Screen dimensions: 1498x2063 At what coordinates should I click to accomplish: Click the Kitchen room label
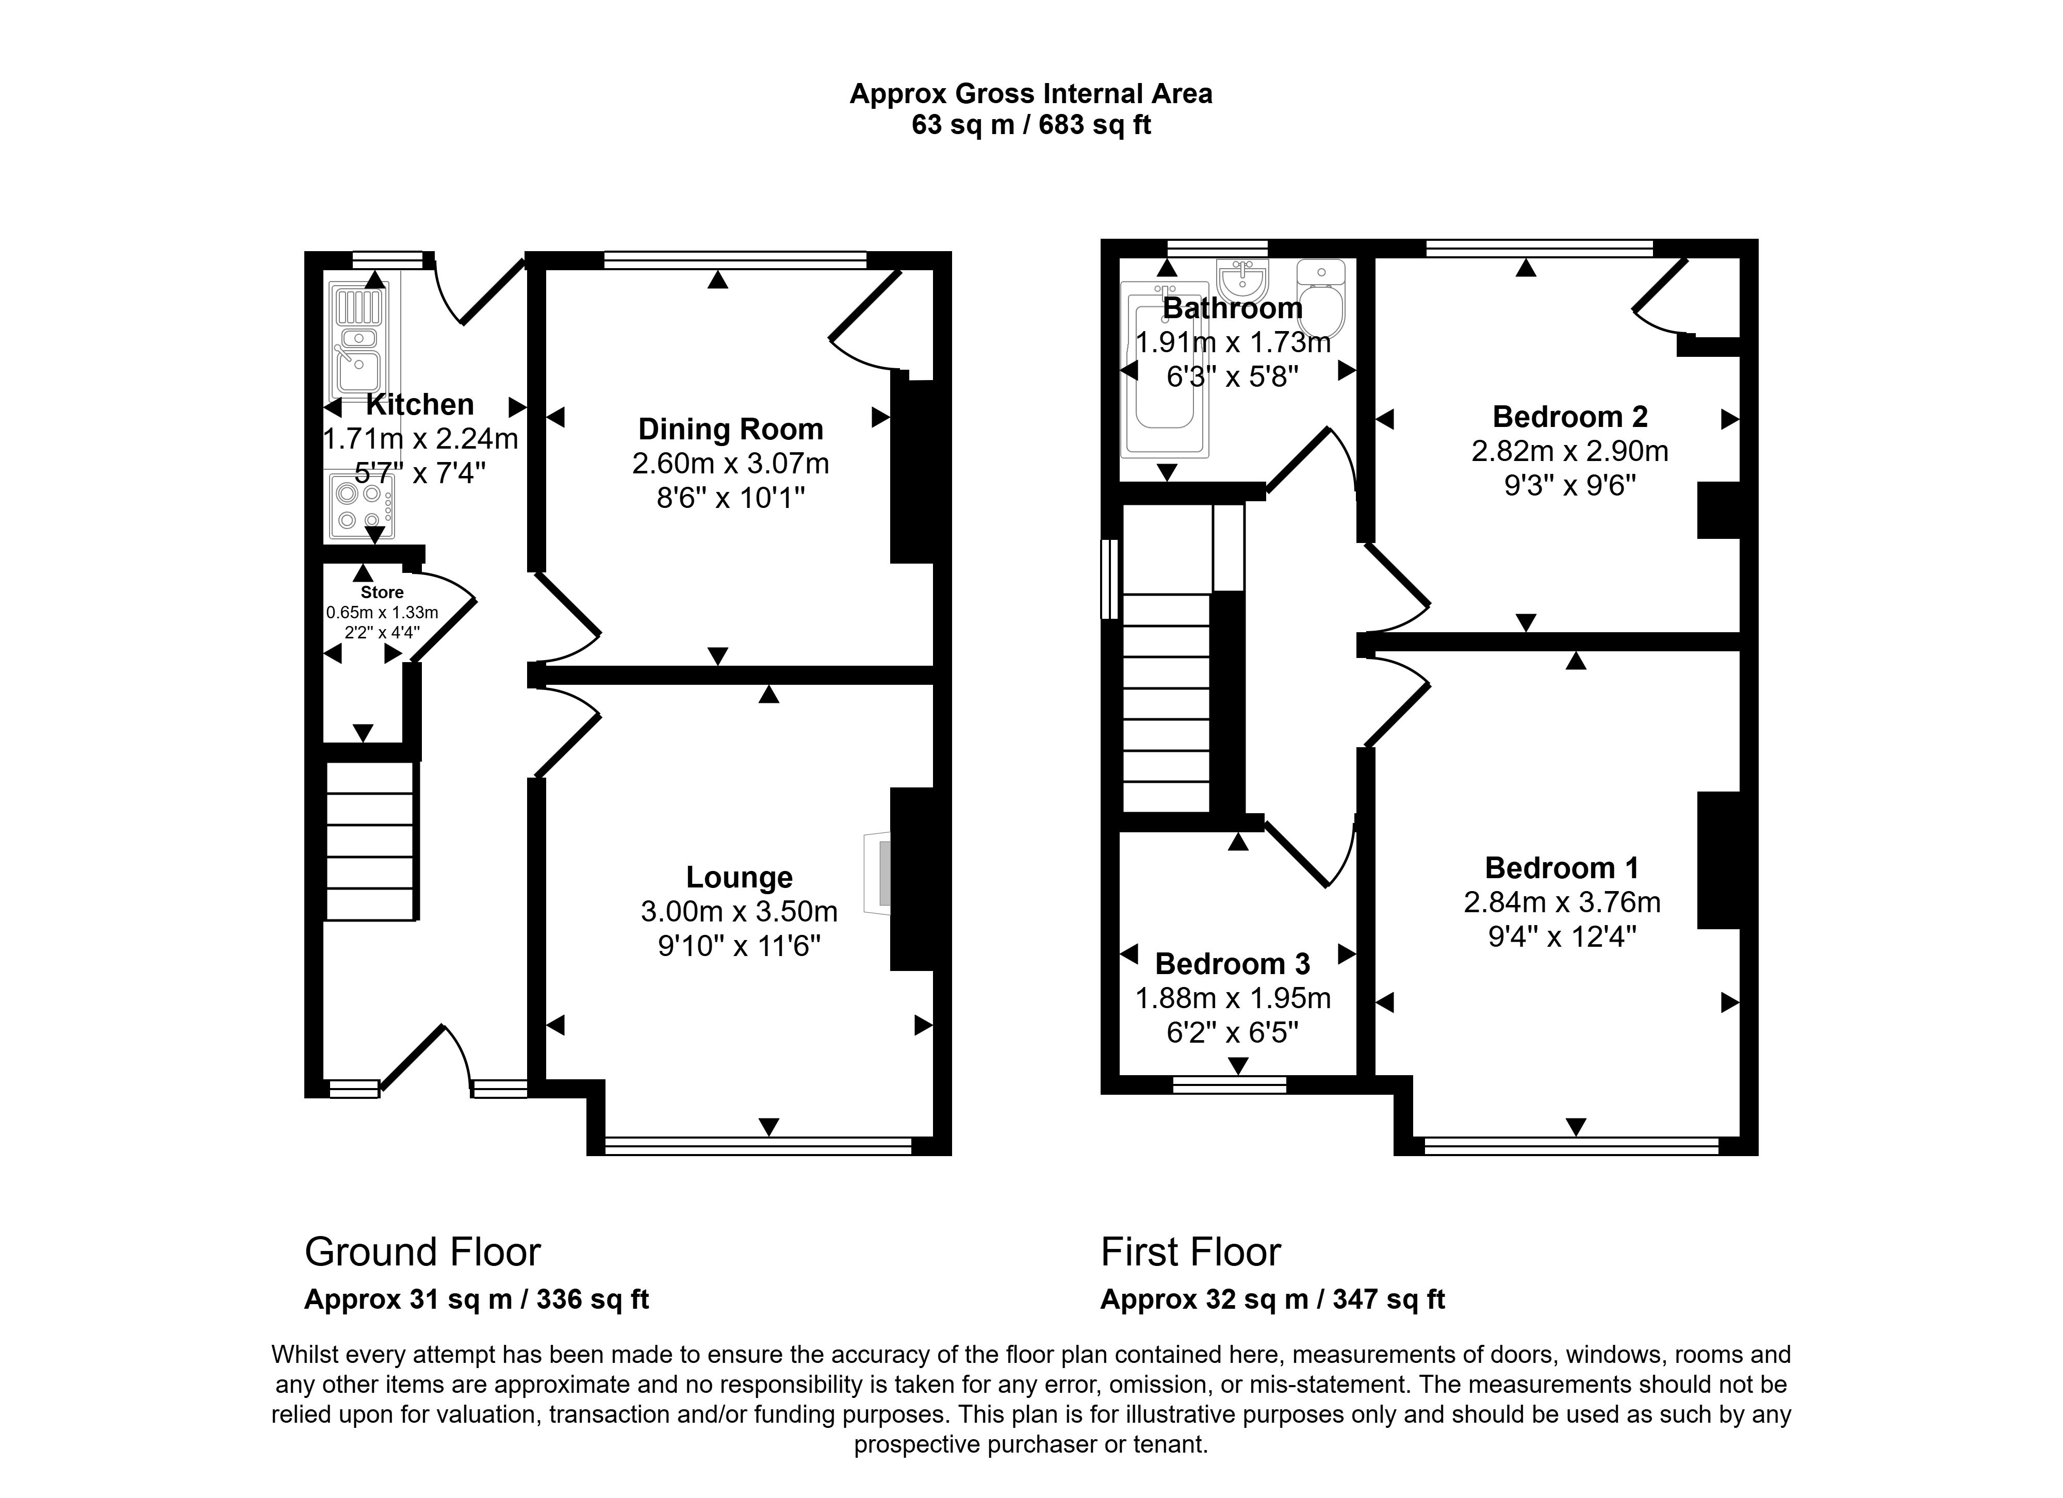[419, 404]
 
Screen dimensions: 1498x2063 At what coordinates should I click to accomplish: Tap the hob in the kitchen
[361, 506]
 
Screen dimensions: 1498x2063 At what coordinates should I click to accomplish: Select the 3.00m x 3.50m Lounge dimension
[739, 911]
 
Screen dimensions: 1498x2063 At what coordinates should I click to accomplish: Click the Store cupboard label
[382, 592]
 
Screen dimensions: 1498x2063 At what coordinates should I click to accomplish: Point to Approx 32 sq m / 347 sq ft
[1272, 1299]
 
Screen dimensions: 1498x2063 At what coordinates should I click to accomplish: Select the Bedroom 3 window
[1229, 1084]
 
